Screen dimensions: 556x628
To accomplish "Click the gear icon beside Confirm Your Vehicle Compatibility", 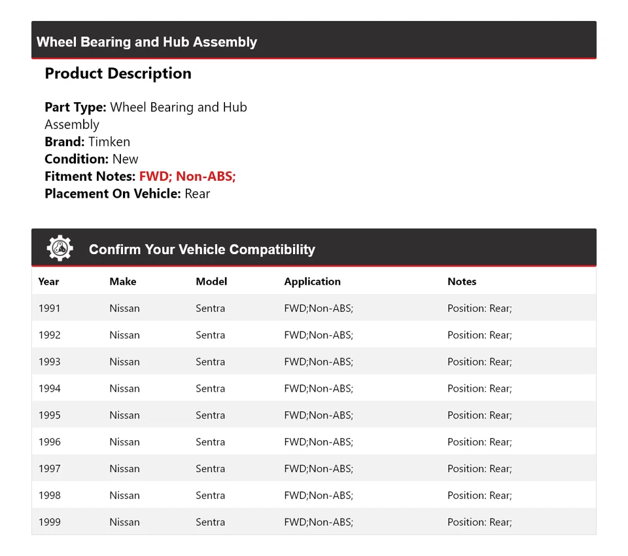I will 60,249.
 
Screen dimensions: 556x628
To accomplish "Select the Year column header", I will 48,282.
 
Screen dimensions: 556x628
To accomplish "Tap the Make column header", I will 123,282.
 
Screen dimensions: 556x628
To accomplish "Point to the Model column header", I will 211,282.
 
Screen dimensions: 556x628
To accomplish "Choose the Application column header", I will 312,282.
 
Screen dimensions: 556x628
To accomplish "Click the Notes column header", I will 462,282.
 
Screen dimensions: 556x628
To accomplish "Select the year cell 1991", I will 49,308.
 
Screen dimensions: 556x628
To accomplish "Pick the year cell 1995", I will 49,415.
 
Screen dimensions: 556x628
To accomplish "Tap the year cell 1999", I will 49,522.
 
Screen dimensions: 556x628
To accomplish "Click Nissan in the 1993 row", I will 124,361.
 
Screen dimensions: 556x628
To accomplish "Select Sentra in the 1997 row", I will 210,469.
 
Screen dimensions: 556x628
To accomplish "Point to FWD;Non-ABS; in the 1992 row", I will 319,335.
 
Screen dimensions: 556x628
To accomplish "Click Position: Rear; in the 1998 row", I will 480,495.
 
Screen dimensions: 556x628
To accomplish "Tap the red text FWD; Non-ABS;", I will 187,176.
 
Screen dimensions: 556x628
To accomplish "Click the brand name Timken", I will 109,142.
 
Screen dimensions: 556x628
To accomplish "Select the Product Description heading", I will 118,73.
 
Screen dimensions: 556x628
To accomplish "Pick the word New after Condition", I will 125,159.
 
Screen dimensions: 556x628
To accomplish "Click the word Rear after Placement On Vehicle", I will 197,194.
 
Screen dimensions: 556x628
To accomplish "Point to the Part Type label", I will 75,107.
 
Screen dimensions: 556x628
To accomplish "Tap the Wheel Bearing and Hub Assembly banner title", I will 147,42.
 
